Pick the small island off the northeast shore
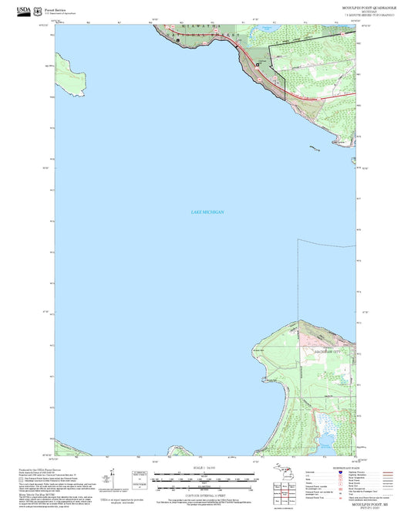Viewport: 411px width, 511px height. click(x=314, y=147)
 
